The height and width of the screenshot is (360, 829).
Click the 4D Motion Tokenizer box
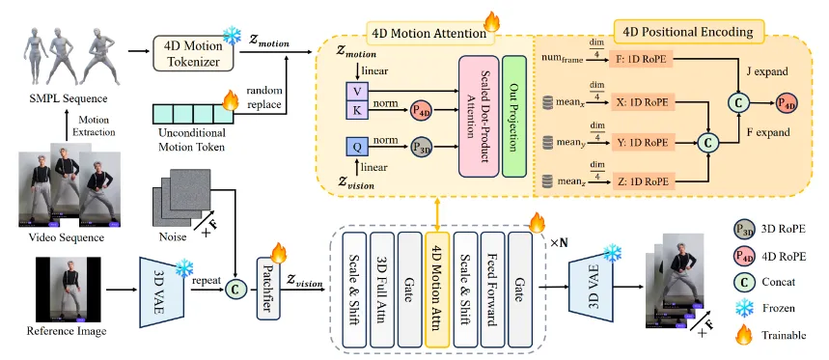[194, 53]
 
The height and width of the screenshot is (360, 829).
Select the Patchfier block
[268, 288]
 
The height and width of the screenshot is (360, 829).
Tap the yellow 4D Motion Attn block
[437, 288]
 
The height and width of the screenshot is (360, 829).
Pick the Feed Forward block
[492, 288]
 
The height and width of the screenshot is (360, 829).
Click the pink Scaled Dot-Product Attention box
[479, 116]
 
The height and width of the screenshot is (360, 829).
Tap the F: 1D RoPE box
[642, 60]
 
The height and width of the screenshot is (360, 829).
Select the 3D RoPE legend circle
[744, 230]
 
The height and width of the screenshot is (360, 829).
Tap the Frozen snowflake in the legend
[744, 308]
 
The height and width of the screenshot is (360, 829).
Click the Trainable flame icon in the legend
[743, 334]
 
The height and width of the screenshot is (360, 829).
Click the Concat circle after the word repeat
[234, 289]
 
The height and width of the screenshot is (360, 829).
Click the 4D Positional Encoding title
[689, 32]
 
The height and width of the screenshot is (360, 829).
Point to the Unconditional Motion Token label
[191, 139]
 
